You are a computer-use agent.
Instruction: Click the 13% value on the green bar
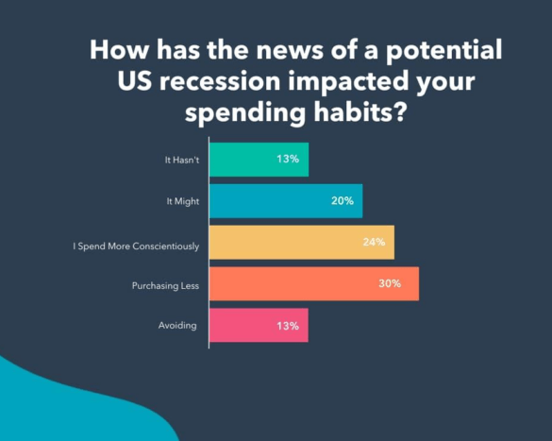pyautogui.click(x=289, y=160)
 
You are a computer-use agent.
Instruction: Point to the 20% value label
pyautogui.click(x=343, y=201)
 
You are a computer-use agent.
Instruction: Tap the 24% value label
pyautogui.click(x=374, y=243)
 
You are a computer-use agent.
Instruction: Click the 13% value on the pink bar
pyautogui.click(x=289, y=326)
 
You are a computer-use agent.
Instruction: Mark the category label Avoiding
pyautogui.click(x=179, y=326)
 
